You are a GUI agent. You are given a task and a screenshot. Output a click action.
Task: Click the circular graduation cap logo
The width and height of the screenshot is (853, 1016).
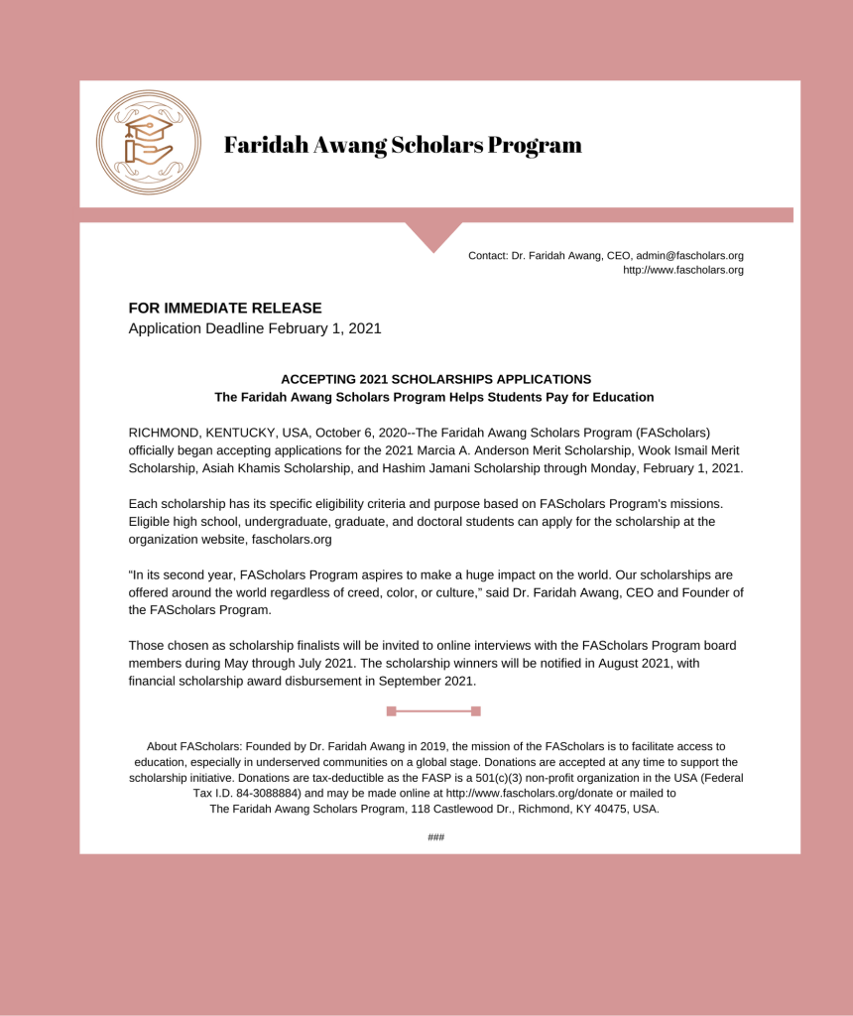[149, 143]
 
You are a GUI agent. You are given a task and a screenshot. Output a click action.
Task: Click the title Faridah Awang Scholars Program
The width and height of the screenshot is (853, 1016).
[403, 145]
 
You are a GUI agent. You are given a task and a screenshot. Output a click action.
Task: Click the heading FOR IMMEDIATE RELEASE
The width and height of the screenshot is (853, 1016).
[225, 309]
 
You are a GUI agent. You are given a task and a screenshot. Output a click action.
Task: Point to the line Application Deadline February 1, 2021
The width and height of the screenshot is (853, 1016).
[255, 328]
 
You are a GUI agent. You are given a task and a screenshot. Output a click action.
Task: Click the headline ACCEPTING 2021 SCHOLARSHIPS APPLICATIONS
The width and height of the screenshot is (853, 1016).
[435, 379]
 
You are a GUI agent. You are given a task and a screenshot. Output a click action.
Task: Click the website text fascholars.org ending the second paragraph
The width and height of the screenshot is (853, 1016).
[287, 540]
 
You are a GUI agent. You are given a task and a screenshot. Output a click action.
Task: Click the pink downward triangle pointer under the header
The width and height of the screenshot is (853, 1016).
[433, 237]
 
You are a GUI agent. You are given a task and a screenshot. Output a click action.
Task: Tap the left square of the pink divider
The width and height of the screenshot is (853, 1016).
[391, 710]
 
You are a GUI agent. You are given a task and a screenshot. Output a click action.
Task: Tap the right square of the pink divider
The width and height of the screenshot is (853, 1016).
[476, 710]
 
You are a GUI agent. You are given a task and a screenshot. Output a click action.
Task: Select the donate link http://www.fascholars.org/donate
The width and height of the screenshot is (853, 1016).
[530, 794]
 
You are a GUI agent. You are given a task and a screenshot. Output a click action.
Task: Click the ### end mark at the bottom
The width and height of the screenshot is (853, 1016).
[435, 837]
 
